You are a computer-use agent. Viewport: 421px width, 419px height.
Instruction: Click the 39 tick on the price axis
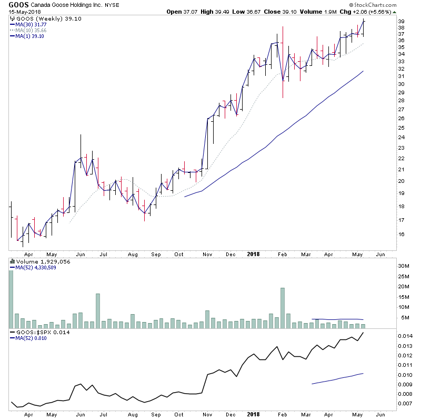click(401, 22)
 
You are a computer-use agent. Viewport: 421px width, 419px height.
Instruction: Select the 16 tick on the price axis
click(401, 235)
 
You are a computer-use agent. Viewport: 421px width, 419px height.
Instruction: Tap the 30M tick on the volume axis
click(403, 266)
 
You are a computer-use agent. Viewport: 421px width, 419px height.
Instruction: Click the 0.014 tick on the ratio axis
click(405, 336)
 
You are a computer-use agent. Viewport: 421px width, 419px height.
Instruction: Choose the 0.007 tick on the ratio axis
click(405, 404)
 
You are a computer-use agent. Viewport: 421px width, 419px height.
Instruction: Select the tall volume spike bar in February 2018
click(283, 308)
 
